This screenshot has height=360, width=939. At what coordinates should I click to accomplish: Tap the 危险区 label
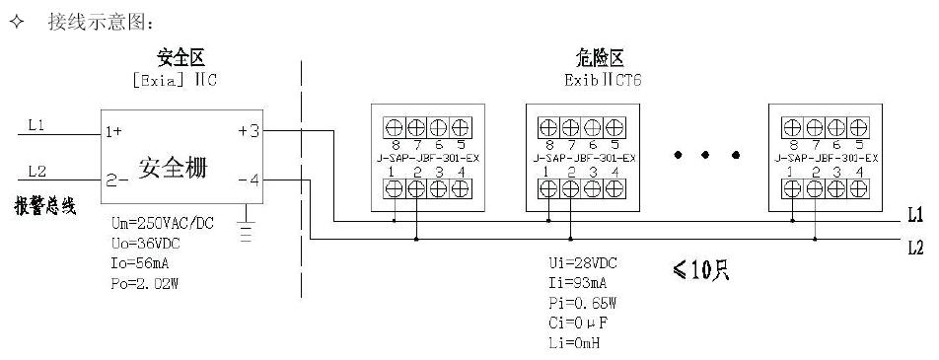click(x=601, y=58)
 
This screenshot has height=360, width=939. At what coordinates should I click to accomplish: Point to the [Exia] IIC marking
click(x=175, y=80)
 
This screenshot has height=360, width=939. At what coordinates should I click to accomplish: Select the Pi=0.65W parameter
click(x=583, y=302)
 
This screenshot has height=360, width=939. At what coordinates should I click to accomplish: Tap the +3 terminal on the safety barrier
click(x=250, y=130)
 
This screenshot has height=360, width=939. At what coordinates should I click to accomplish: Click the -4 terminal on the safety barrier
click(x=250, y=180)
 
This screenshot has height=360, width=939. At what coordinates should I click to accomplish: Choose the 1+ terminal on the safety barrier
click(x=114, y=130)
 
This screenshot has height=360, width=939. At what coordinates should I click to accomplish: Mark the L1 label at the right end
click(x=914, y=216)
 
